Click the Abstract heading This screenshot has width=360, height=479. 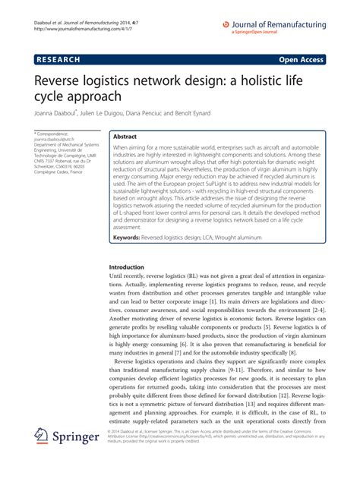(x=127, y=131)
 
